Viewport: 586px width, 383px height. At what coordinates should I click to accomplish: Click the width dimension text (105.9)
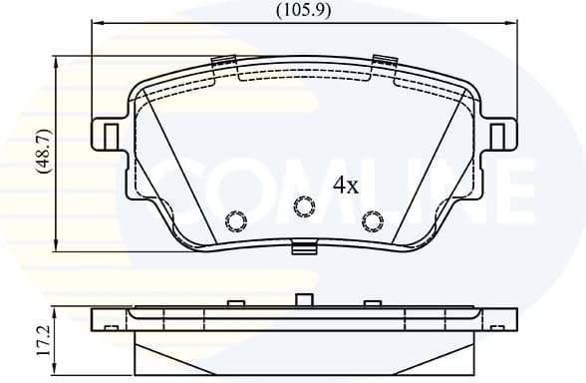tap(304, 11)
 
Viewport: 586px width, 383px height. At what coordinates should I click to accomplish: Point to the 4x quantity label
tap(345, 185)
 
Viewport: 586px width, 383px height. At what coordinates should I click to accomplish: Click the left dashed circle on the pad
tap(237, 220)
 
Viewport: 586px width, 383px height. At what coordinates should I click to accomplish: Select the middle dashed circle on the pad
tap(304, 206)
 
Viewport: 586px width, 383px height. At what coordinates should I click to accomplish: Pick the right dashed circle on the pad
tap(372, 220)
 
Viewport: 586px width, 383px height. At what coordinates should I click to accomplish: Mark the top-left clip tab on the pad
tap(226, 62)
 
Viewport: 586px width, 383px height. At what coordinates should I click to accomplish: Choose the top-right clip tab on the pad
tap(382, 62)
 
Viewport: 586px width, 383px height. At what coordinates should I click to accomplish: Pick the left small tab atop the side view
tap(236, 302)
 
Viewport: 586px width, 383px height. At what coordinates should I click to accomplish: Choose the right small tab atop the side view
tap(371, 302)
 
